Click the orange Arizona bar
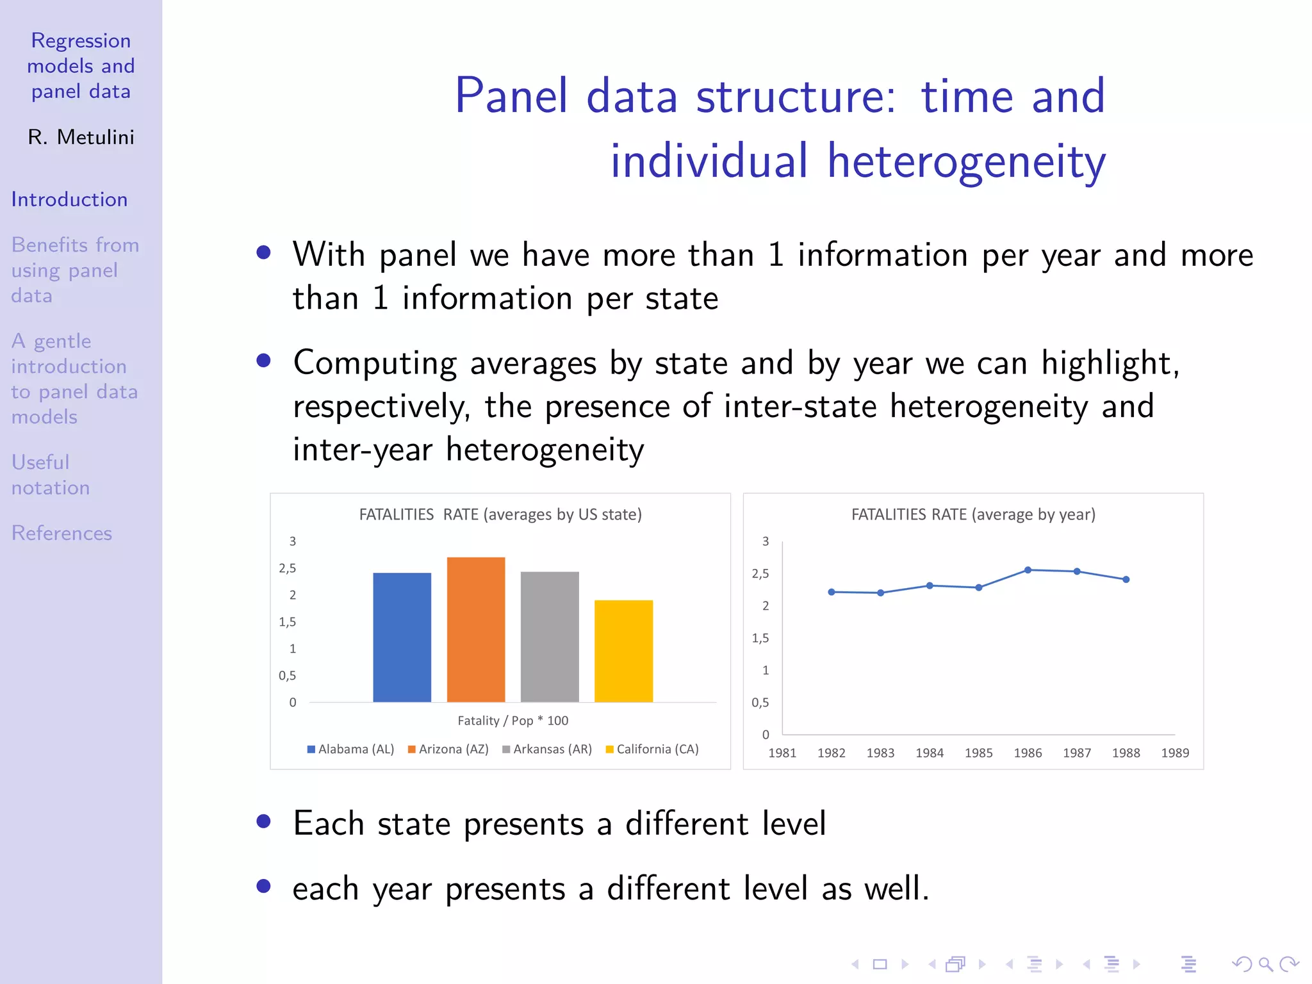[x=475, y=629]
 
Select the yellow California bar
[x=623, y=651]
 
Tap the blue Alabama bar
[x=402, y=637]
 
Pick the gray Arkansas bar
[x=550, y=636]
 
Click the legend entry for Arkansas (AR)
[x=547, y=749]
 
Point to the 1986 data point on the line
[x=1028, y=570]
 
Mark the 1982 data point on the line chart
[x=831, y=592]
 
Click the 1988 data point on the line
[x=1126, y=579]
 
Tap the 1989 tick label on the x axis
[x=1175, y=753]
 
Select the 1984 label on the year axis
[x=929, y=753]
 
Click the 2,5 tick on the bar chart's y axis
[x=287, y=568]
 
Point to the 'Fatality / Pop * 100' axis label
[x=512, y=720]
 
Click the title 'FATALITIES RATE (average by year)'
[x=972, y=514]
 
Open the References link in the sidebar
[x=61, y=533]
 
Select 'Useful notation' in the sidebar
[x=50, y=475]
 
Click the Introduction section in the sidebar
[x=69, y=199]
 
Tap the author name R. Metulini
[x=81, y=137]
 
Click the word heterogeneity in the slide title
[x=966, y=161]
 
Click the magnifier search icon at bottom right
[x=1265, y=963]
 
